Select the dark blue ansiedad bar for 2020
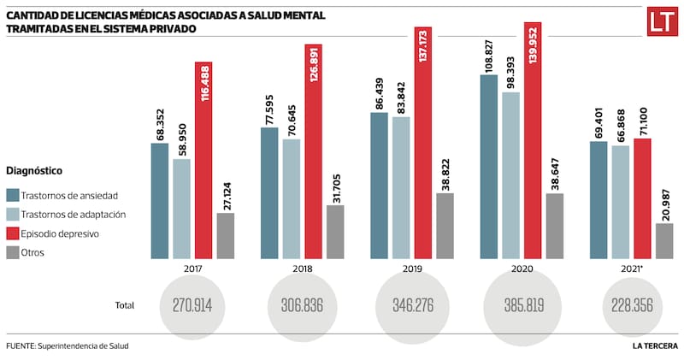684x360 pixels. tap(488, 166)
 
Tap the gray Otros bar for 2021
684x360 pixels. tap(663, 240)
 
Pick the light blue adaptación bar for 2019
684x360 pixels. tap(400, 187)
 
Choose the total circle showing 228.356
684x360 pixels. tap(631, 304)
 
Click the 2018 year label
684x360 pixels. tap(301, 268)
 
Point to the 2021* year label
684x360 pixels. tap(631, 268)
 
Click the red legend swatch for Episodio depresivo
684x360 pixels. tap(13, 233)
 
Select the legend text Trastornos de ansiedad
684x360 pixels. tap(69, 195)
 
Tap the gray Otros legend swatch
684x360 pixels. tap(13, 252)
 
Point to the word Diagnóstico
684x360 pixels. tap(33, 171)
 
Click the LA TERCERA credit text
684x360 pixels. tap(655, 345)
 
